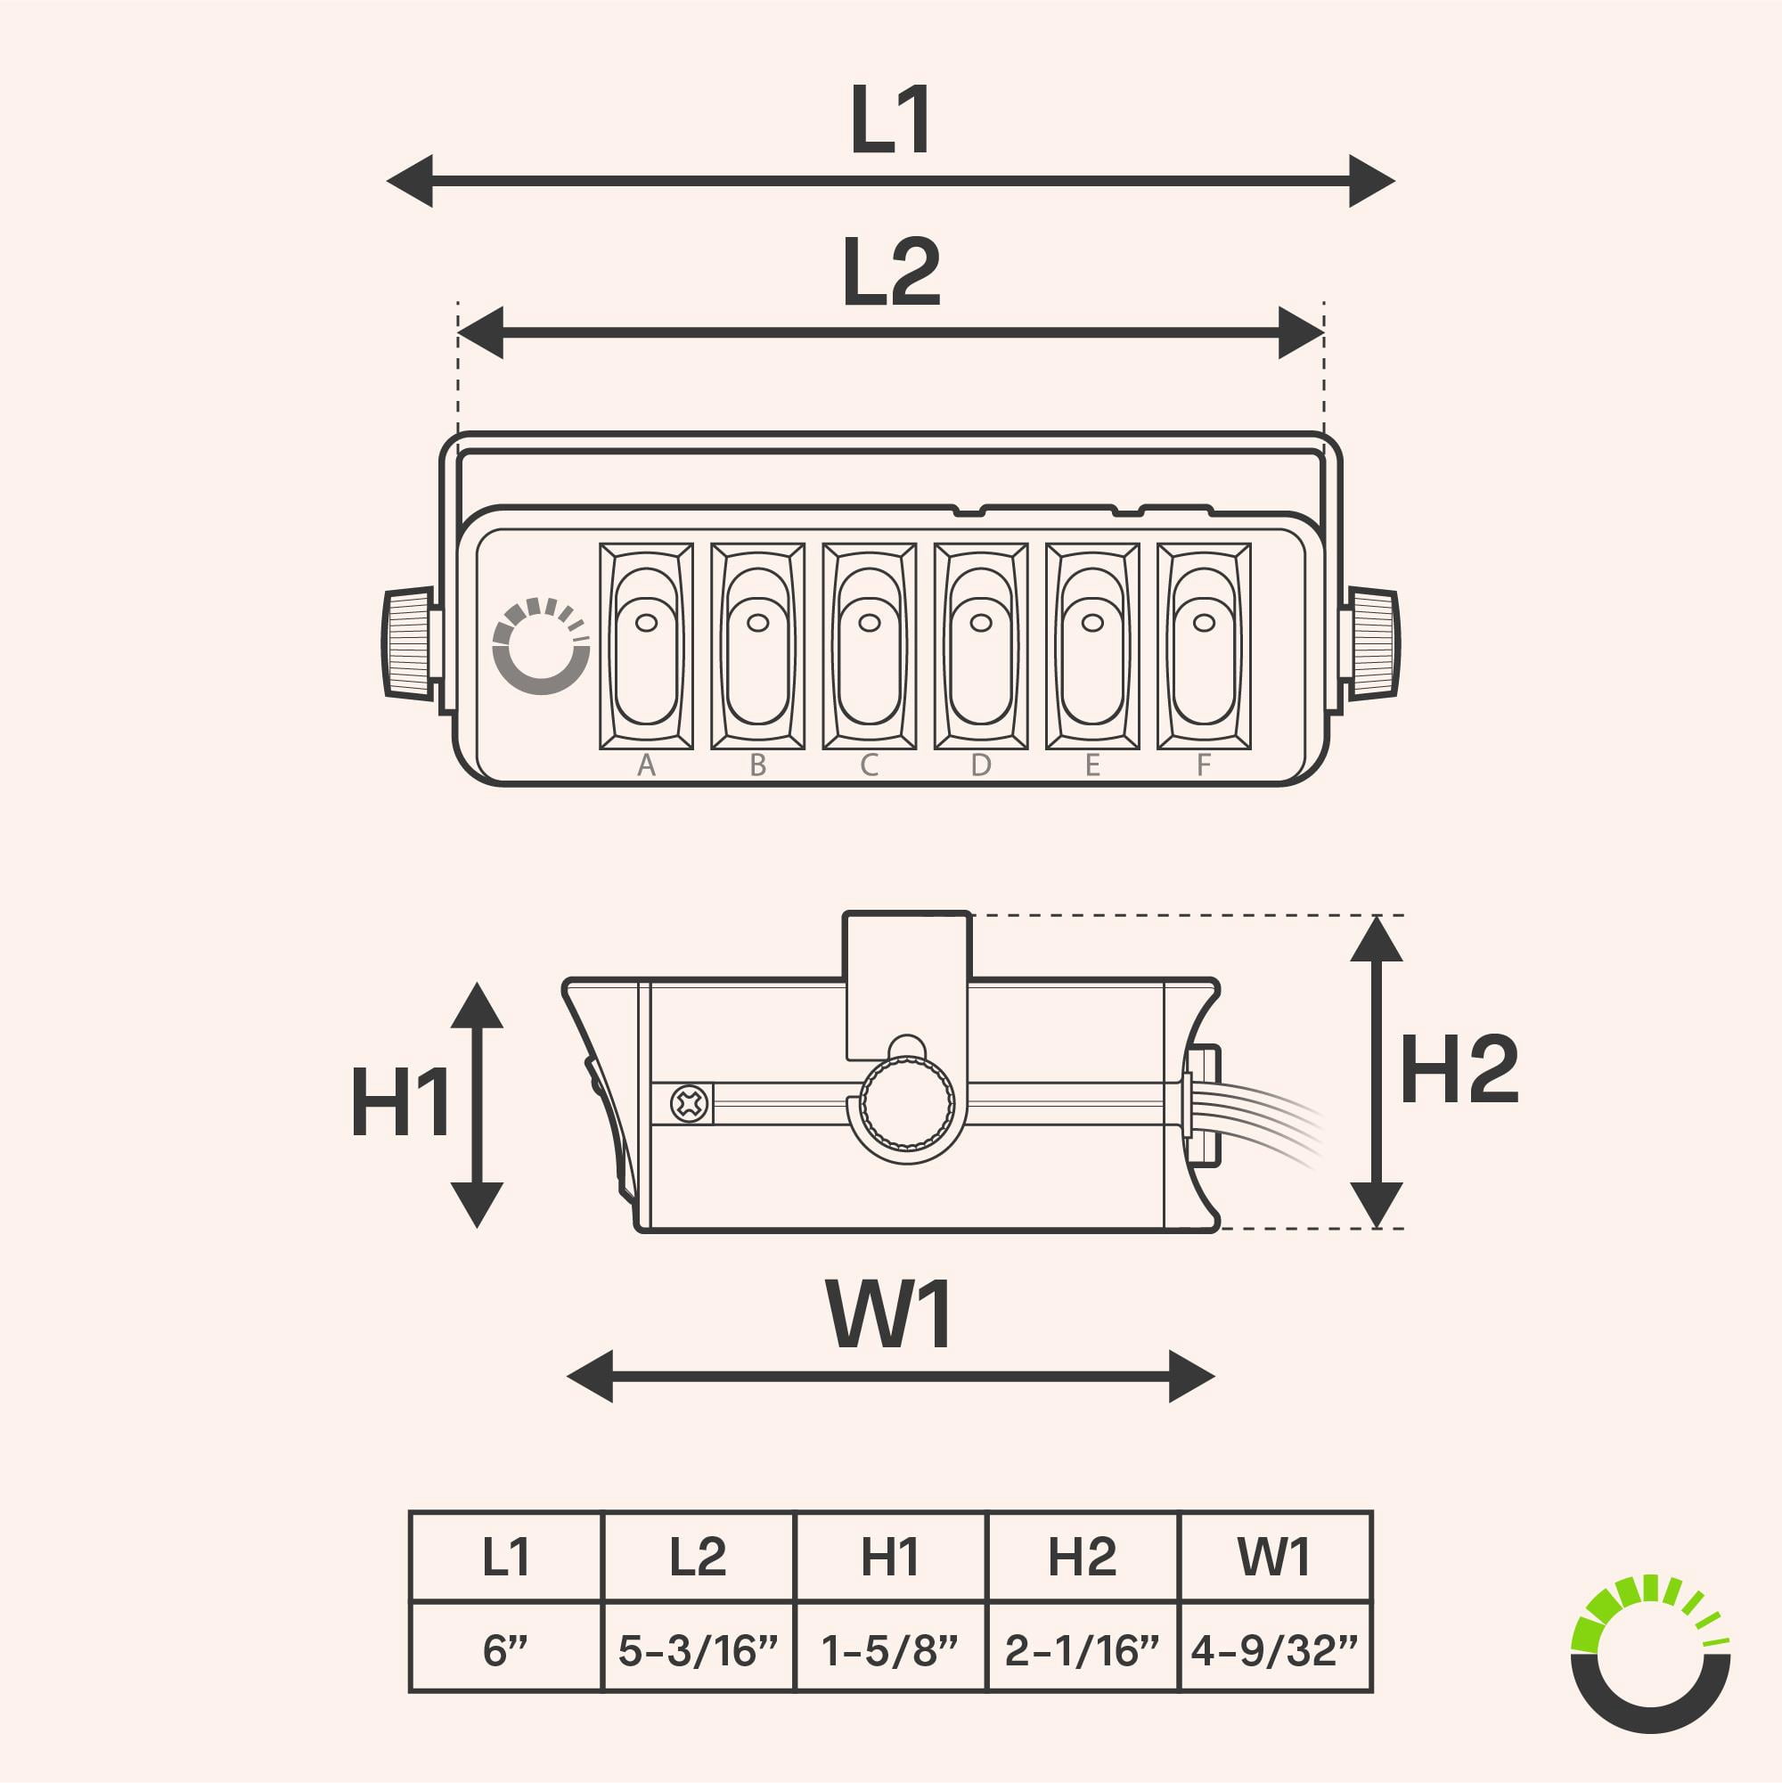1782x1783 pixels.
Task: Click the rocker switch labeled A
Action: [646, 646]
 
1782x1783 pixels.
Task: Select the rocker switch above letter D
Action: [981, 646]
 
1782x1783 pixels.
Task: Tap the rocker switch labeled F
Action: [1204, 646]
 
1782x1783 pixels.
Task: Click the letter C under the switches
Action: [869, 765]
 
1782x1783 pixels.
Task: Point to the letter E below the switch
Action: [1092, 765]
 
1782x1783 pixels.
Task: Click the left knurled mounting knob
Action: [408, 643]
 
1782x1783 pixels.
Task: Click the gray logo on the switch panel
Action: [542, 646]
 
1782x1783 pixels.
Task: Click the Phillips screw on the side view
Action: [691, 1104]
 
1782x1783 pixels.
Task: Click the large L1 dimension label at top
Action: [889, 120]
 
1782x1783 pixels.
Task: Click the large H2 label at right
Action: [1459, 1068]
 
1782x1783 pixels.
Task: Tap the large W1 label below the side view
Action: [890, 1314]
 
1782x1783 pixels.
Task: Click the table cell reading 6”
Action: [506, 1650]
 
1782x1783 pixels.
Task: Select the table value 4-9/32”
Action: [1274, 1650]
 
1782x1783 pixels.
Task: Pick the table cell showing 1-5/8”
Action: [889, 1650]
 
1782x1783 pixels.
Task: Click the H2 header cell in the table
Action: [1083, 1557]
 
